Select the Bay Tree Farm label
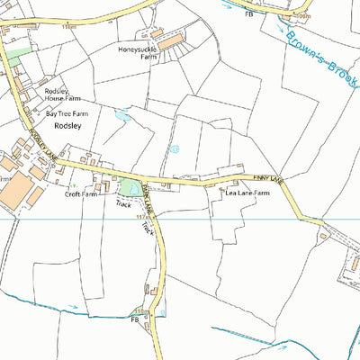[68, 114]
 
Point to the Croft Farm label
[81, 193]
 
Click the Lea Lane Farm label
[247, 193]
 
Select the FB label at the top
[248, 15]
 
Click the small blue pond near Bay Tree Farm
[122, 115]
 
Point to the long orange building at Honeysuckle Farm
[170, 40]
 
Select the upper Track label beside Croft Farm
[122, 205]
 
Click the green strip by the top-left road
[18, 55]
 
